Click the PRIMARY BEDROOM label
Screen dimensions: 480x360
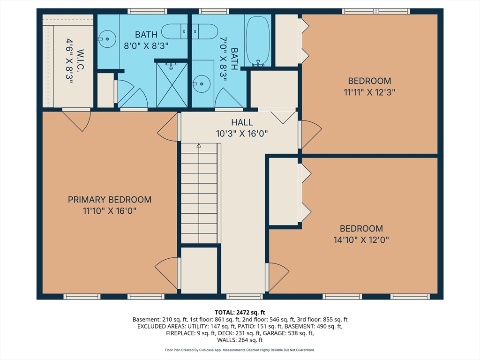(x=110, y=200)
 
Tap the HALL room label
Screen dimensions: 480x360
(x=242, y=122)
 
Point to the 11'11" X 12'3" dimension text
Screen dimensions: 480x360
(x=369, y=92)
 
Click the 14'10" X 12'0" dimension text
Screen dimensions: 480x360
(x=361, y=240)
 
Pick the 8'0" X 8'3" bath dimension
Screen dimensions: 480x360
(x=146, y=46)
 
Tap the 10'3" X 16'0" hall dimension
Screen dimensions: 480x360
(x=242, y=134)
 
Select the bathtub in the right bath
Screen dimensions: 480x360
(x=258, y=41)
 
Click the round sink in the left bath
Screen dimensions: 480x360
(x=107, y=39)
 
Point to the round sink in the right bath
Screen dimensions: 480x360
(x=201, y=83)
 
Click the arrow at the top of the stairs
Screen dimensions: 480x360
(x=199, y=146)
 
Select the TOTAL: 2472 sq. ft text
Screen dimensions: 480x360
(x=240, y=313)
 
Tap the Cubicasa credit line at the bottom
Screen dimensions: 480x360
(x=240, y=350)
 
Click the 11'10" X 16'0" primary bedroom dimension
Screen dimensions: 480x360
(x=109, y=211)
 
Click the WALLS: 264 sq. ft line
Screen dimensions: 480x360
(x=240, y=340)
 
